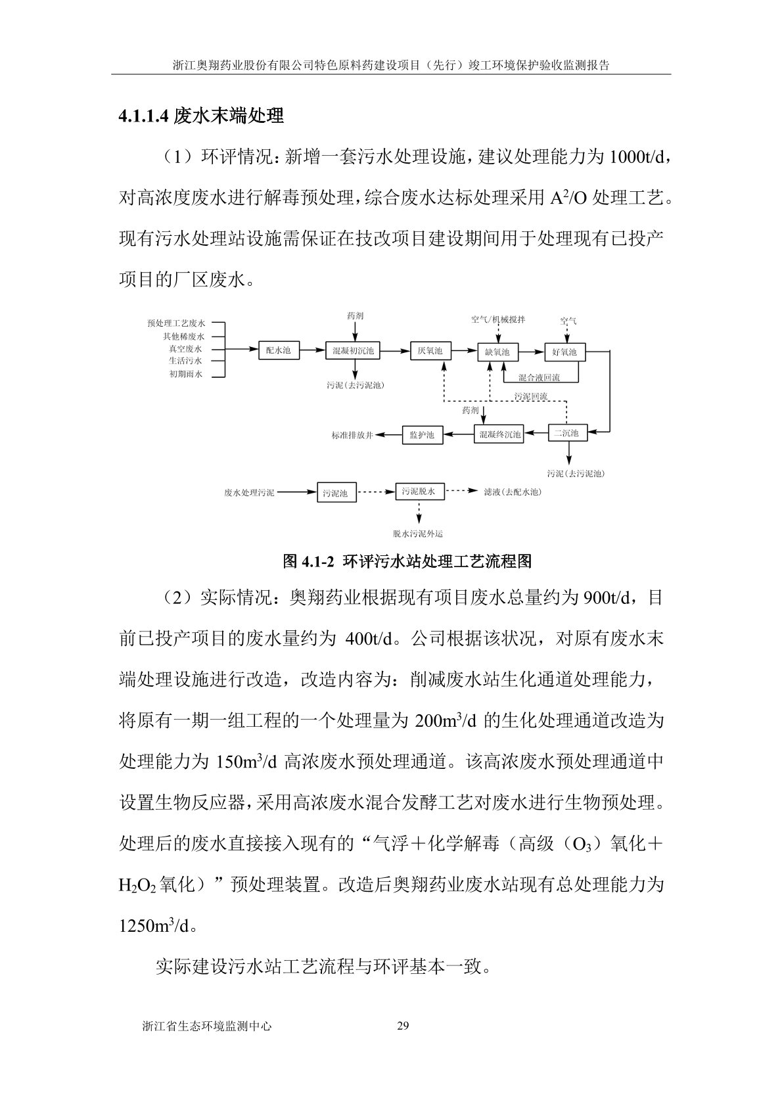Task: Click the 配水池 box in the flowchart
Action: pos(278,351)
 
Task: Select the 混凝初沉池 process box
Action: pos(353,351)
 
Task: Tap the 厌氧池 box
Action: pos(430,351)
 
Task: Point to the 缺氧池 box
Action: pos(497,352)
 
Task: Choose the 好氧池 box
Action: pos(564,352)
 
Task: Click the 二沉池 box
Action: pos(566,433)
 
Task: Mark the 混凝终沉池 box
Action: pos(499,434)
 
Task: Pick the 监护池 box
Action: pos(422,434)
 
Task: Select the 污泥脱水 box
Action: pos(419,491)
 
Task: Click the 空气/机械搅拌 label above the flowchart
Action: pos(498,319)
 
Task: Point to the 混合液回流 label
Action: pos(539,378)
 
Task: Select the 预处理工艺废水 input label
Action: pos(176,323)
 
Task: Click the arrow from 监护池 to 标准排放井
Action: pos(393,434)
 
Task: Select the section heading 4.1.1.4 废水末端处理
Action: pos(201,116)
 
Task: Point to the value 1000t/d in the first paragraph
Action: pos(637,158)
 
